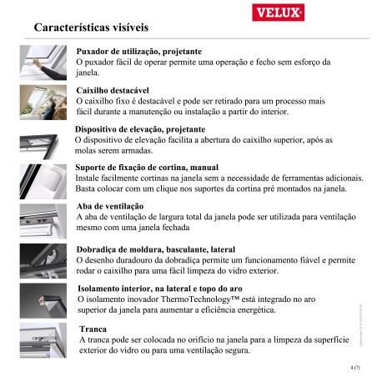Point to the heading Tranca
92,329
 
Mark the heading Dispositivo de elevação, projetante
139,129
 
